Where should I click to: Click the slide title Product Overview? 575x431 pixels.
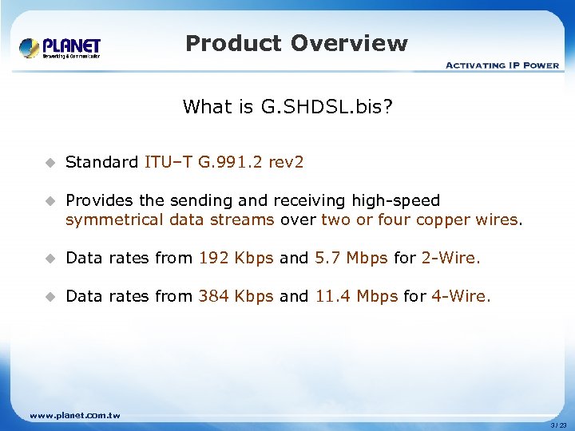click(x=296, y=43)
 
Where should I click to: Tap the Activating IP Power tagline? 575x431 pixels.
click(x=502, y=65)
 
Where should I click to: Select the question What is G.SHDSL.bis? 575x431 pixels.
click(x=287, y=107)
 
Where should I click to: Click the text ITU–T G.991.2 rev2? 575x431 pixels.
click(x=224, y=162)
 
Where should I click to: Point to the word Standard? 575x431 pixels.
click(x=101, y=162)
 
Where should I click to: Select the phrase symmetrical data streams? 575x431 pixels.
click(x=169, y=219)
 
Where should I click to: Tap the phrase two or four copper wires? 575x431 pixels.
click(x=419, y=219)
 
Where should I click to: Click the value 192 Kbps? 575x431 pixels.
click(x=236, y=258)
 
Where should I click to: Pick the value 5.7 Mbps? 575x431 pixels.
click(x=351, y=258)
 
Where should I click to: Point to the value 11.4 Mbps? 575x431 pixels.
click(x=356, y=296)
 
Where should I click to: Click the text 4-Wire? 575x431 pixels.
click(x=462, y=296)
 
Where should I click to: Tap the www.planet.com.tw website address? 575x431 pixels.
click(x=74, y=415)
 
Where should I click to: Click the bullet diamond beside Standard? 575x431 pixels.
click(x=49, y=163)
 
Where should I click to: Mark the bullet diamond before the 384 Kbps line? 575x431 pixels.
click(x=49, y=297)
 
